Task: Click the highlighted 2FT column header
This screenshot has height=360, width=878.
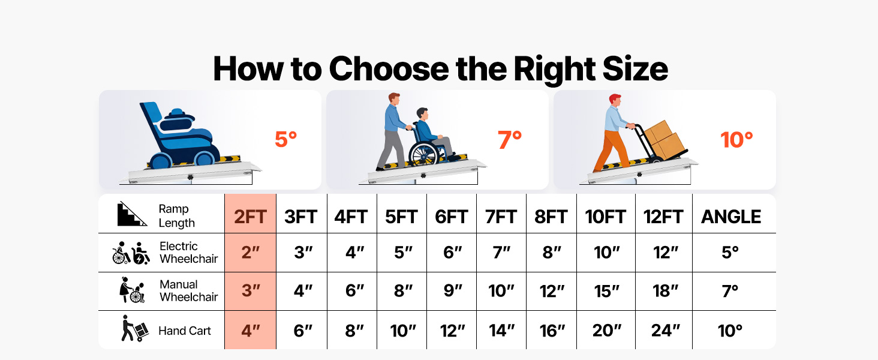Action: point(251,217)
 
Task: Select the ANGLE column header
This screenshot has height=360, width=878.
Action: point(731,217)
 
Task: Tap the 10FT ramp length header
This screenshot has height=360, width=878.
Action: point(605,217)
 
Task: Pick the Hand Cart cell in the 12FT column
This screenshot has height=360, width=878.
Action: point(665,331)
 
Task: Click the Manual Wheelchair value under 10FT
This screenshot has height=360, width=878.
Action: point(606,292)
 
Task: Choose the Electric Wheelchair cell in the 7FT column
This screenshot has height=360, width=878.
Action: point(501,253)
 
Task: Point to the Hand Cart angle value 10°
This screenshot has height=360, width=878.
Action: point(730,331)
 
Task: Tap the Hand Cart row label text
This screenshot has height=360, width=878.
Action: point(184,331)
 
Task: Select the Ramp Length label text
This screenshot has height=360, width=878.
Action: point(176,215)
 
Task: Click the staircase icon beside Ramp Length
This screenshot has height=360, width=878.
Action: point(132,214)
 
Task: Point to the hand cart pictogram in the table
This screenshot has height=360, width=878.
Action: point(134,329)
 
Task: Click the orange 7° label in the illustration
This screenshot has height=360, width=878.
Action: point(510,140)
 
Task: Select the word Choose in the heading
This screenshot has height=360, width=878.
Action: point(389,68)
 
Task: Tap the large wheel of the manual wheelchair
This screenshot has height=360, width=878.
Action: point(423,154)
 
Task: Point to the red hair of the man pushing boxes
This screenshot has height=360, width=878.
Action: point(615,98)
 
